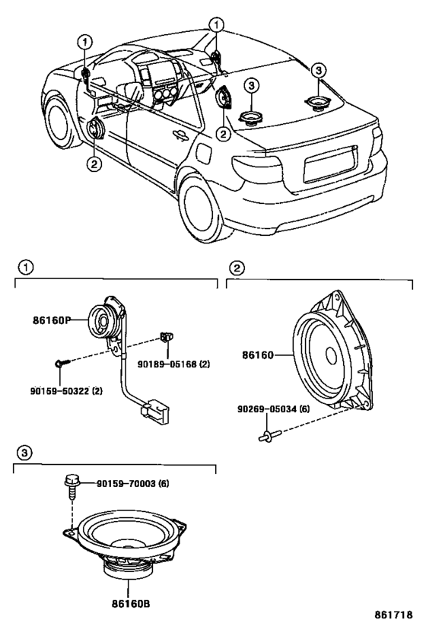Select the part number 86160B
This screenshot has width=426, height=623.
(131, 604)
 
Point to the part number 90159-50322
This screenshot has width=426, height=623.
(59, 391)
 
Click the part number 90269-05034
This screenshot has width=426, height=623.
(268, 408)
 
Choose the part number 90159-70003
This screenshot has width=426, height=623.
(126, 484)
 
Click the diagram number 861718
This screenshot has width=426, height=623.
(395, 615)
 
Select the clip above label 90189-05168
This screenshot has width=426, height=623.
(167, 336)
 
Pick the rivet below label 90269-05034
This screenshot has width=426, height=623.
(270, 437)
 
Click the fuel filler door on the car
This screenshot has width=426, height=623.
(203, 153)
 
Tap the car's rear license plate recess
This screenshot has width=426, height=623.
(330, 164)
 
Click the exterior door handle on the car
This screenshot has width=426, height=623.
(180, 135)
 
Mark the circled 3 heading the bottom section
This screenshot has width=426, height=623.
(24, 453)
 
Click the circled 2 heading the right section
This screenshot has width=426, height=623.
(237, 269)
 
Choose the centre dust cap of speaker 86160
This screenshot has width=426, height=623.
(331, 354)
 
